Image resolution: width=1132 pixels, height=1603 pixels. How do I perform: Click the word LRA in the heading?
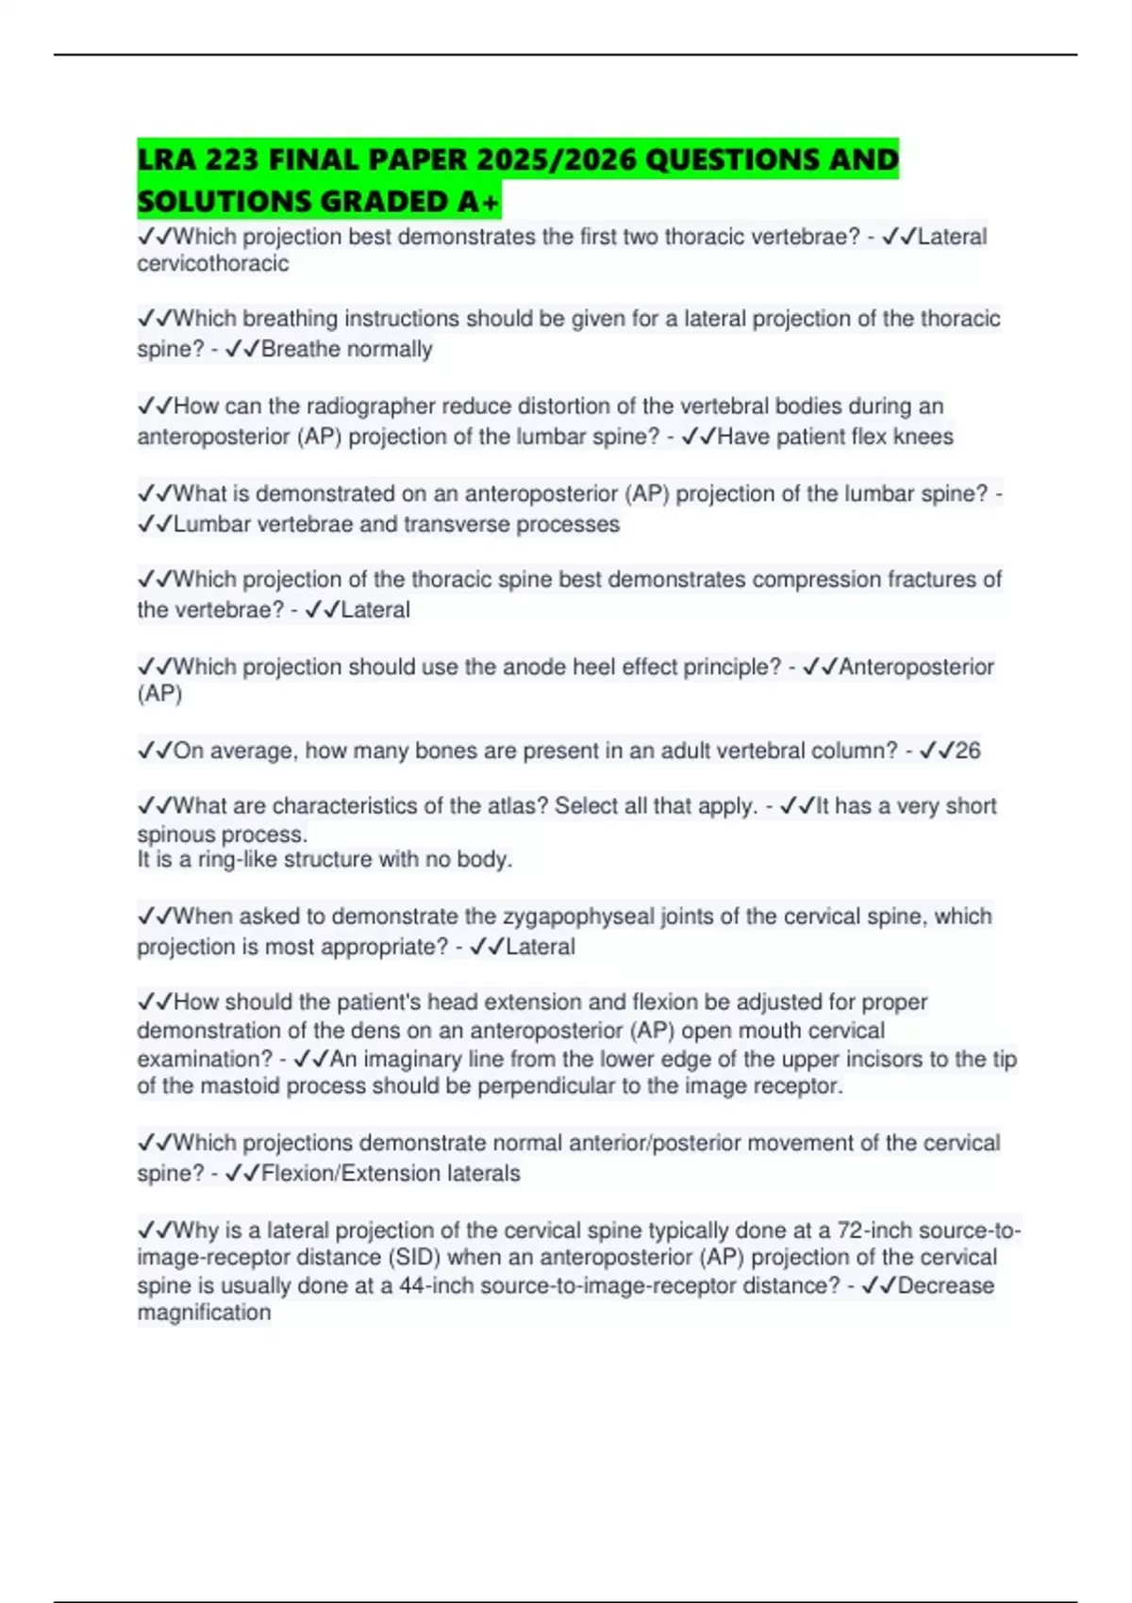click(x=165, y=159)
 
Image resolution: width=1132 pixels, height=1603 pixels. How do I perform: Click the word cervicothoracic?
click(x=213, y=263)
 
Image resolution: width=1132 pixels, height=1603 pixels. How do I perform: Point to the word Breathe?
click(x=300, y=349)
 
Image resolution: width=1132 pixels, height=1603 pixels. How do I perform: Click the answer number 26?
click(x=968, y=751)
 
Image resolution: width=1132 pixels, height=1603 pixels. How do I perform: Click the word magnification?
click(x=204, y=1313)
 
